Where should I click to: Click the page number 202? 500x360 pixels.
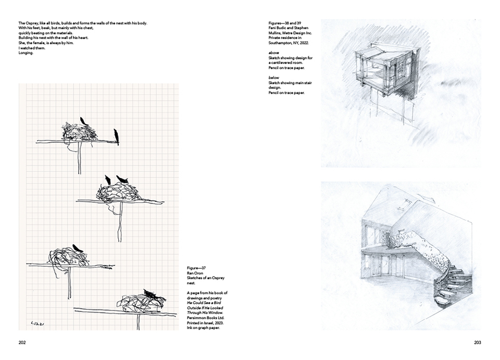coord(22,342)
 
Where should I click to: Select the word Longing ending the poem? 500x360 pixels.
coord(25,52)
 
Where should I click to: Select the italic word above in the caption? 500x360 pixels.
coord(274,53)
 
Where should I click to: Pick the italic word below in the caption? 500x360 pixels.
coord(274,77)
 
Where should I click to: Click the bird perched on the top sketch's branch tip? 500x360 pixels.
coord(117,136)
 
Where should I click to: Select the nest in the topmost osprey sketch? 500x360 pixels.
coord(79,132)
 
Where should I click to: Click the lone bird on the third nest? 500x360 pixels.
coord(78,248)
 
